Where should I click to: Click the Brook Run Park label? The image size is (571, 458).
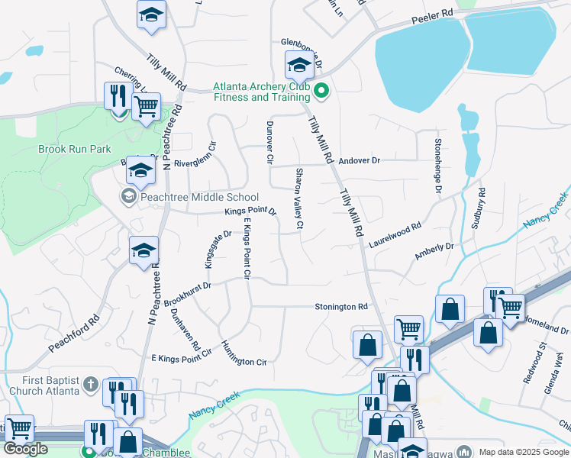click(x=75, y=149)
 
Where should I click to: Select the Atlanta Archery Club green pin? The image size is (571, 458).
click(x=321, y=92)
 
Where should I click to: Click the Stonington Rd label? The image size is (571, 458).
click(x=341, y=307)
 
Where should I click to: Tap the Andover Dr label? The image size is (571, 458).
click(x=359, y=161)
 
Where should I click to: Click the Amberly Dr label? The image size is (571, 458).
click(x=434, y=252)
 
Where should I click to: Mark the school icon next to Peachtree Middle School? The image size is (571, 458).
click(x=127, y=197)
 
